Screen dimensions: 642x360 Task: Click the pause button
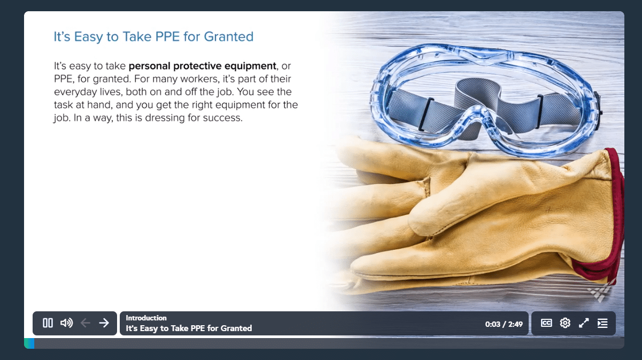click(x=48, y=323)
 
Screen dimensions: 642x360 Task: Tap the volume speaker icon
click(x=66, y=323)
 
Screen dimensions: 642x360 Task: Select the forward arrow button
click(x=104, y=323)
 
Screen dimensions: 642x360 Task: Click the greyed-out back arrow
click(x=86, y=323)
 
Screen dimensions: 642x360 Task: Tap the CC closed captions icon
click(x=546, y=323)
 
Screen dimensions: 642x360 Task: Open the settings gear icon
click(x=565, y=323)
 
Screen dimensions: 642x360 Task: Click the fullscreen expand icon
click(x=584, y=323)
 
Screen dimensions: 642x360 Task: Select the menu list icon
click(x=602, y=323)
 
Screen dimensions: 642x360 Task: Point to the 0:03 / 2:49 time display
click(x=504, y=324)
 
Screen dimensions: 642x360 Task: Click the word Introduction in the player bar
click(x=146, y=318)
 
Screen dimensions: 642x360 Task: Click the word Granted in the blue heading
click(x=229, y=37)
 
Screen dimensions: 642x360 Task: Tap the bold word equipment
click(x=250, y=66)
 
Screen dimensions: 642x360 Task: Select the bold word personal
click(x=150, y=66)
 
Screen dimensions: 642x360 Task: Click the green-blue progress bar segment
click(x=29, y=343)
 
